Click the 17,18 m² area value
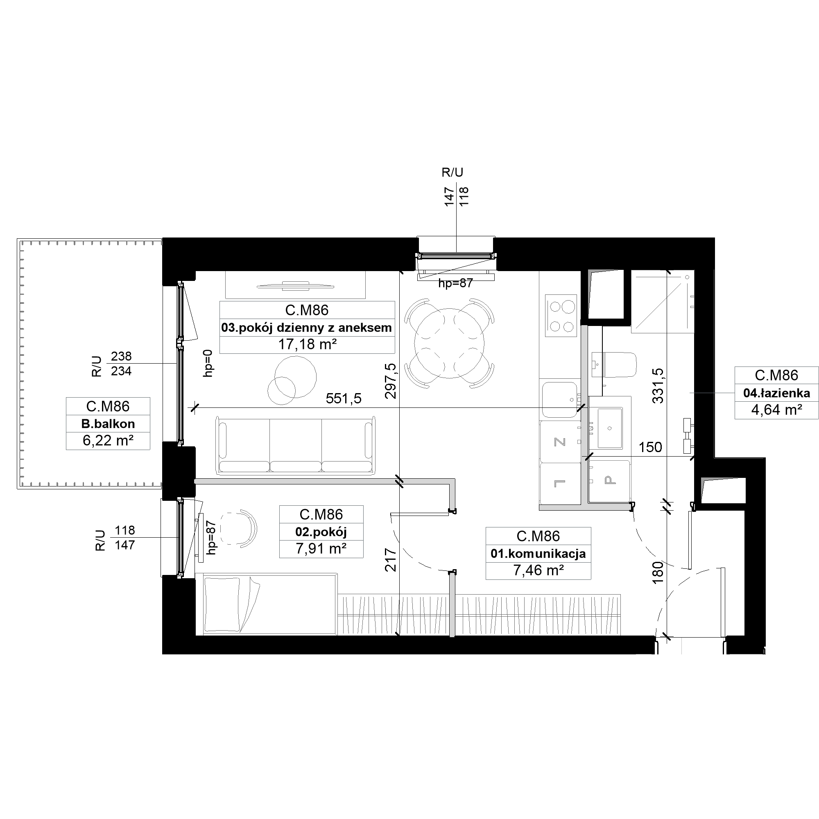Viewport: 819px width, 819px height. [308, 344]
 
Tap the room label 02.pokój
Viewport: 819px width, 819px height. [321, 532]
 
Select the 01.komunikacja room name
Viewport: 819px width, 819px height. [538, 553]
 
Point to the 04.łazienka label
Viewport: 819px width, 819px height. [776, 393]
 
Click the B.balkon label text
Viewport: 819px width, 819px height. [108, 423]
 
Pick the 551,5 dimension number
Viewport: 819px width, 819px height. [344, 398]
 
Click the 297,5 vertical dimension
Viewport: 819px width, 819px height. [390, 381]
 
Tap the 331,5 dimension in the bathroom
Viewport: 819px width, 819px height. [658, 385]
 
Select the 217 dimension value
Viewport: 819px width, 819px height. [390, 560]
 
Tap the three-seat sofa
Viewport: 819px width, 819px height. [296, 446]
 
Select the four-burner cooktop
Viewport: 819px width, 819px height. [561, 316]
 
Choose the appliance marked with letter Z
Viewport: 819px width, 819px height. [560, 442]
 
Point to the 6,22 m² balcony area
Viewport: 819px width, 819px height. [108, 441]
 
